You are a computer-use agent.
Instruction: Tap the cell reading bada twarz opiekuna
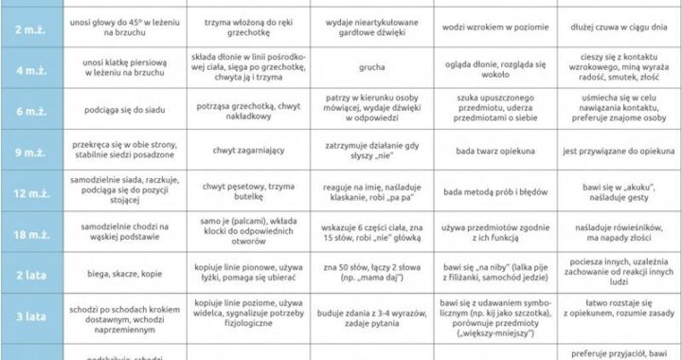tap(494, 150)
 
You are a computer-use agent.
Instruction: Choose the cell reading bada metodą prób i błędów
tap(494, 188)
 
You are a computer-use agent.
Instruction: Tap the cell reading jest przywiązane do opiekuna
tap(616, 150)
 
